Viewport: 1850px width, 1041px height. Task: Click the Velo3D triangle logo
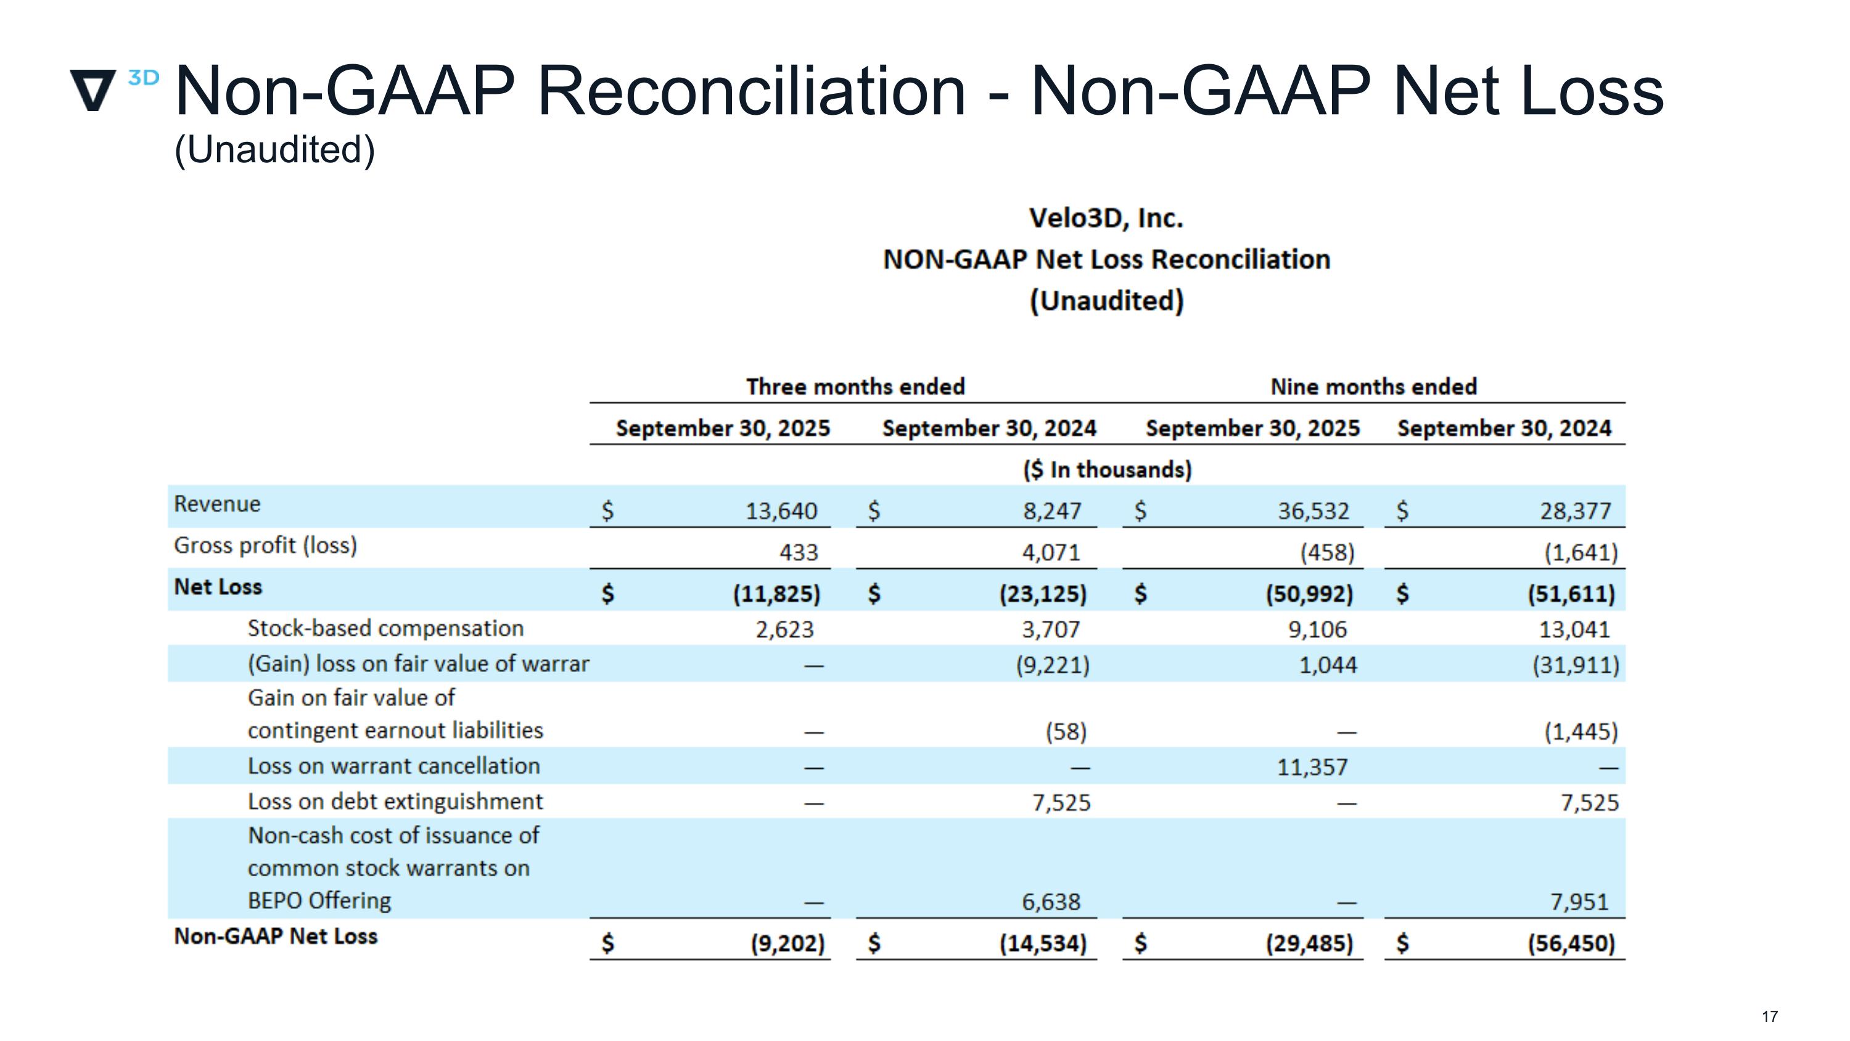[93, 90]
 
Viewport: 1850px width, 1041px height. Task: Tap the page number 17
[1770, 1016]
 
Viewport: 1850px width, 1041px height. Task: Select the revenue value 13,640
[781, 511]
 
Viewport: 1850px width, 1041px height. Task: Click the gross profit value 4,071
[1051, 552]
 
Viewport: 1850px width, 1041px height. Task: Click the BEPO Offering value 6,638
[1051, 902]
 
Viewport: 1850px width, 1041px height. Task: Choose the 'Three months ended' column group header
[855, 386]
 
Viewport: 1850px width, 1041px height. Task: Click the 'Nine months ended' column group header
[1373, 386]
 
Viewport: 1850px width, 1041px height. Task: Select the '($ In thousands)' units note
[1107, 470]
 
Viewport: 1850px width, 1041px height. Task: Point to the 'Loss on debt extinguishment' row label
[395, 801]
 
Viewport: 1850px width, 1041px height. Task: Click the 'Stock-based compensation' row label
[385, 629]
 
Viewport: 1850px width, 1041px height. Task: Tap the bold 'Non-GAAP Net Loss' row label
[276, 936]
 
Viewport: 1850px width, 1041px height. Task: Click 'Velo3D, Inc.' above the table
[1106, 218]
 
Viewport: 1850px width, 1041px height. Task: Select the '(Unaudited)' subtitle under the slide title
[275, 150]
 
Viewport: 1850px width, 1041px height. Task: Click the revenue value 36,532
[1313, 511]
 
